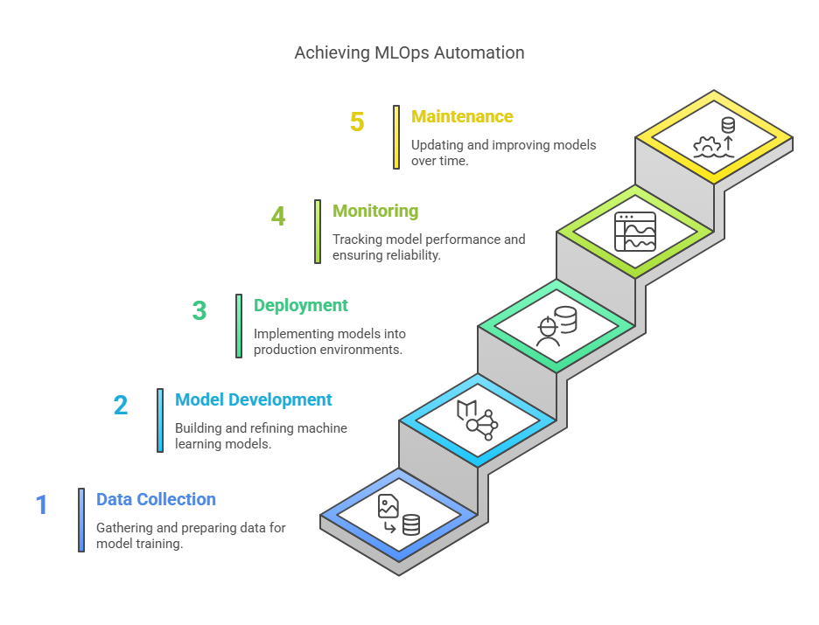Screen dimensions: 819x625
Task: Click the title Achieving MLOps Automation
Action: [x=409, y=52]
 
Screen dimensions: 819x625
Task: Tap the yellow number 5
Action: [x=357, y=122]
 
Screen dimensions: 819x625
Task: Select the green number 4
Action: [x=278, y=216]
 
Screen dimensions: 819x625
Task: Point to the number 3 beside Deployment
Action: [x=199, y=310]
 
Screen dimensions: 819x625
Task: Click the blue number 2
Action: [x=121, y=405]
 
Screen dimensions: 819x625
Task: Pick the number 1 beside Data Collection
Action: [x=41, y=504]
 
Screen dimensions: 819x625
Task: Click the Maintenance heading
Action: [x=462, y=116]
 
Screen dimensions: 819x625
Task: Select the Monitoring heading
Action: [x=375, y=211]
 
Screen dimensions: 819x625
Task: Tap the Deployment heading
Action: [x=301, y=305]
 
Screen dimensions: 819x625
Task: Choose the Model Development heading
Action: [x=254, y=399]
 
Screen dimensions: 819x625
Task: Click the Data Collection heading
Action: [x=156, y=499]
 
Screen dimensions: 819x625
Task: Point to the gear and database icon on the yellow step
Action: [x=714, y=138]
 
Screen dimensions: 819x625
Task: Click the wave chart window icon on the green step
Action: [x=635, y=232]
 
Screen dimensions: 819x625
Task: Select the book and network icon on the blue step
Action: [x=478, y=420]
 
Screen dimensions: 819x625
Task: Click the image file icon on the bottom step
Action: [x=388, y=506]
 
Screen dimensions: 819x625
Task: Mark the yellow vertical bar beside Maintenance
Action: [x=396, y=137]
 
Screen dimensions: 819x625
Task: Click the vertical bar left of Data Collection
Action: [x=81, y=520]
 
